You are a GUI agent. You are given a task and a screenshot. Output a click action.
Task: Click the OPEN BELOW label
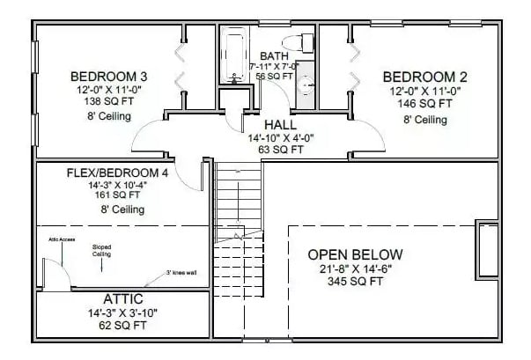[x=355, y=254]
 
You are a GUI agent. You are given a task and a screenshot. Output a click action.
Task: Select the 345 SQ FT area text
[x=355, y=283]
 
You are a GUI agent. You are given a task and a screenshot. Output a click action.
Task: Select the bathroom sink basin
[x=302, y=85]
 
